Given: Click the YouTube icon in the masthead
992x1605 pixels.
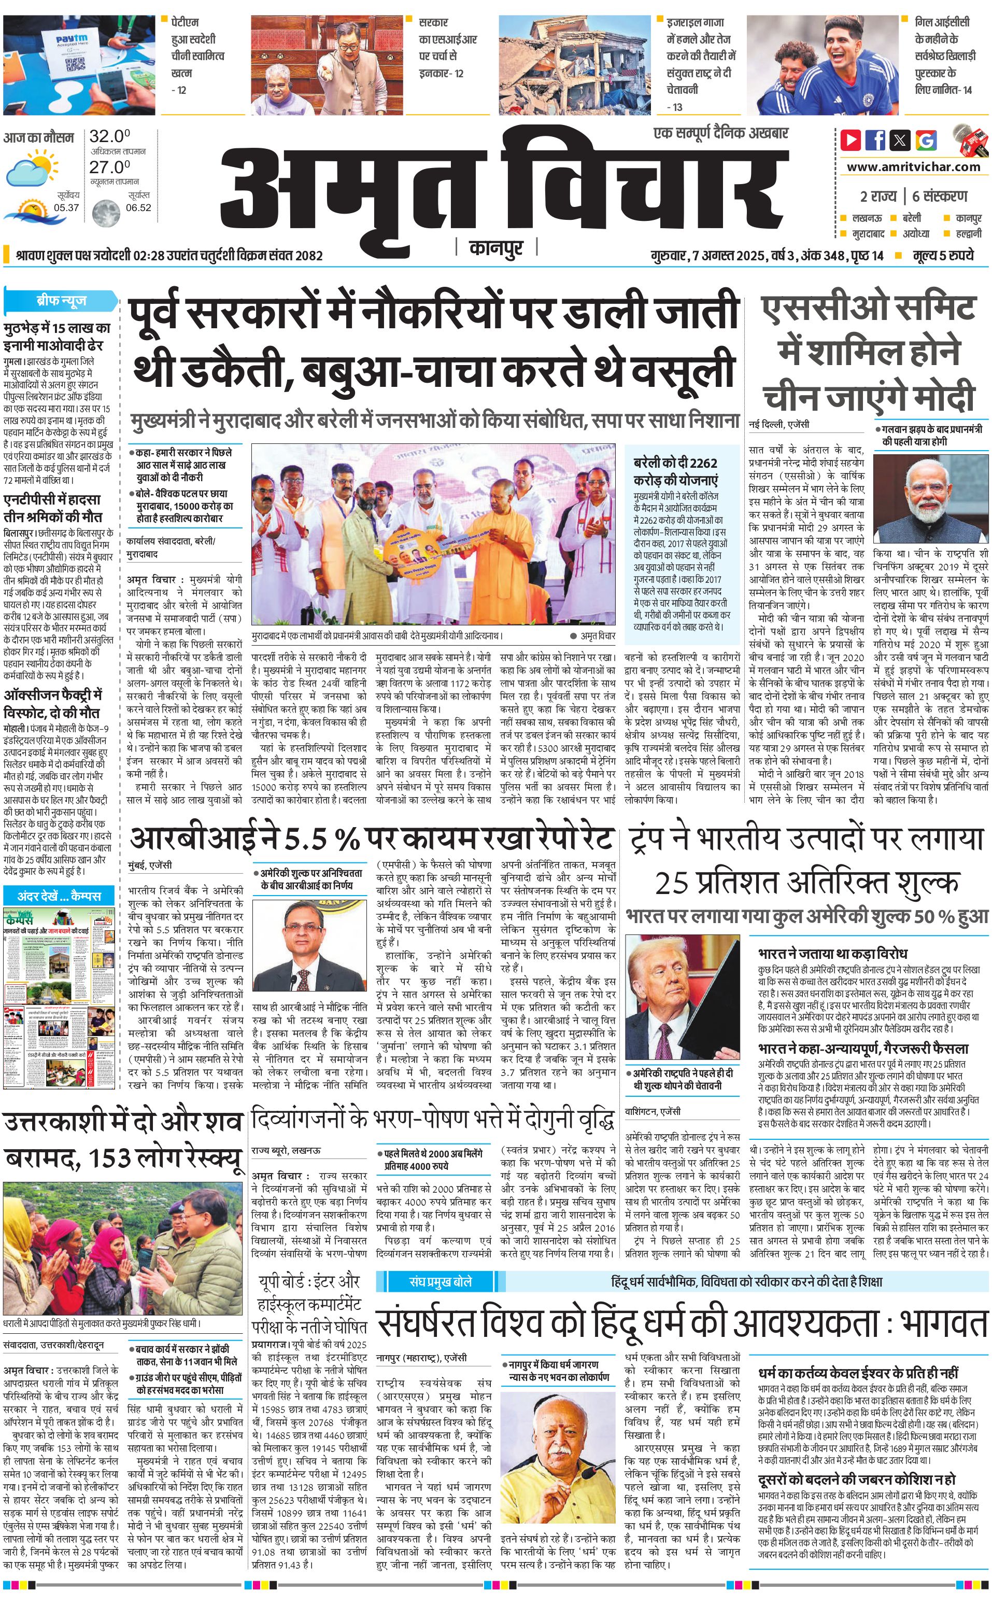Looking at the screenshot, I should (x=851, y=140).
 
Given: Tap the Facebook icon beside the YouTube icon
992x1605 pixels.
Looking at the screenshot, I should (x=875, y=140).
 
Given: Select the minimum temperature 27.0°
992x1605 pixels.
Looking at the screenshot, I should (x=109, y=167).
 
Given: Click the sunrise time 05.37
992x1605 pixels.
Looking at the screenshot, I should (x=66, y=208).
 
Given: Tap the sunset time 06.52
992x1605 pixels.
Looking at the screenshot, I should (x=138, y=208).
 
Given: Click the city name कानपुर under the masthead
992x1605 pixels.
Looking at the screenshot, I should (x=496, y=248).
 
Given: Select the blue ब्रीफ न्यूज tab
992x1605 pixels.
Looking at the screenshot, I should (x=61, y=301).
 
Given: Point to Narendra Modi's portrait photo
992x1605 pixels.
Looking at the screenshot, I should (x=930, y=499).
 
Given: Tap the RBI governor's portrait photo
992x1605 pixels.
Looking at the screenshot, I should (x=309, y=945).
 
